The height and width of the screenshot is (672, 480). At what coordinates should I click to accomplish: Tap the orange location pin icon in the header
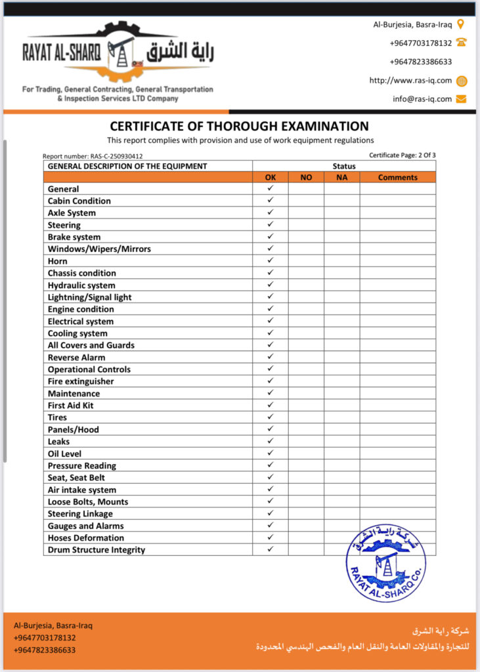pyautogui.click(x=461, y=24)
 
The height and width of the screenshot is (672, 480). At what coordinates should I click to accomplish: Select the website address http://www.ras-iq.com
pyautogui.click(x=410, y=81)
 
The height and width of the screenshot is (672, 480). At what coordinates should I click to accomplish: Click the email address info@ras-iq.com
pyautogui.click(x=422, y=99)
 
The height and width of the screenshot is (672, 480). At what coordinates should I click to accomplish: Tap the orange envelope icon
pyautogui.click(x=461, y=99)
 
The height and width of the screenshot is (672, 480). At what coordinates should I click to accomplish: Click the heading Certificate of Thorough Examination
pyautogui.click(x=239, y=126)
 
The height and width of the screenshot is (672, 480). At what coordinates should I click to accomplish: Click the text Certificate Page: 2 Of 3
pyautogui.click(x=403, y=156)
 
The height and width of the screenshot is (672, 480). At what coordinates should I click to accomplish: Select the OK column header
pyautogui.click(x=271, y=177)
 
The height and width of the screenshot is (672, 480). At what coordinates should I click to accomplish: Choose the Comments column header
pyautogui.click(x=397, y=177)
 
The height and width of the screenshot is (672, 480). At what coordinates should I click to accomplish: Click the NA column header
pyautogui.click(x=341, y=177)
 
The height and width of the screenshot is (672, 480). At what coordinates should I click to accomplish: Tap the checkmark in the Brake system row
pyautogui.click(x=270, y=236)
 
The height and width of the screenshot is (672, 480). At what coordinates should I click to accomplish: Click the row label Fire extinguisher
pyautogui.click(x=81, y=381)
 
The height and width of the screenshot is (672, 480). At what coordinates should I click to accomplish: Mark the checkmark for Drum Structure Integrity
pyautogui.click(x=270, y=549)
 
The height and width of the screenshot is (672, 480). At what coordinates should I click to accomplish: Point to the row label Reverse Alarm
pyautogui.click(x=76, y=358)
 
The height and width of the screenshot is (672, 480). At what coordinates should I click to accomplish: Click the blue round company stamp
pyautogui.click(x=386, y=561)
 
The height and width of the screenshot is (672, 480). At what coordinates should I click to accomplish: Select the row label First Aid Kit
pyautogui.click(x=71, y=406)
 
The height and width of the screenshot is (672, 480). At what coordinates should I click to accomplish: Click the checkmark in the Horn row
pyautogui.click(x=270, y=261)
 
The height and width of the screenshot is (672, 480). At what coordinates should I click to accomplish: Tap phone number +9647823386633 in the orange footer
pyautogui.click(x=45, y=650)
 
